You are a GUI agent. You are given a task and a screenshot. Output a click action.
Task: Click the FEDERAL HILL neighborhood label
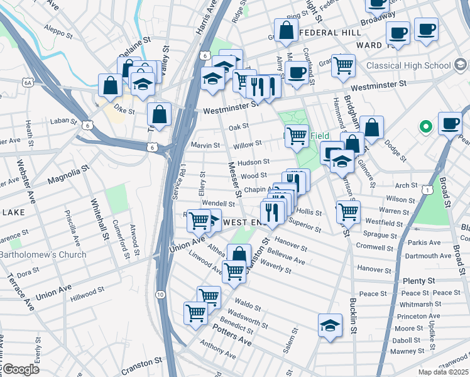[331, 32]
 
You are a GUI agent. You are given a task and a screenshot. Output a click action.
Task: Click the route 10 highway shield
[161, 294]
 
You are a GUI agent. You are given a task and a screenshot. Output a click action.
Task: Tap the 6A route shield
[27, 82]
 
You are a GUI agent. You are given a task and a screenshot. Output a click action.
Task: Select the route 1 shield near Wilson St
[427, 188]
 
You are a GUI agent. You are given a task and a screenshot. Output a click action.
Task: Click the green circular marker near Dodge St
[425, 128]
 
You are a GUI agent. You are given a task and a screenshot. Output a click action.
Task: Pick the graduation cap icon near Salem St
[329, 325]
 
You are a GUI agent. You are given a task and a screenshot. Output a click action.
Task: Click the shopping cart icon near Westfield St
[347, 212]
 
